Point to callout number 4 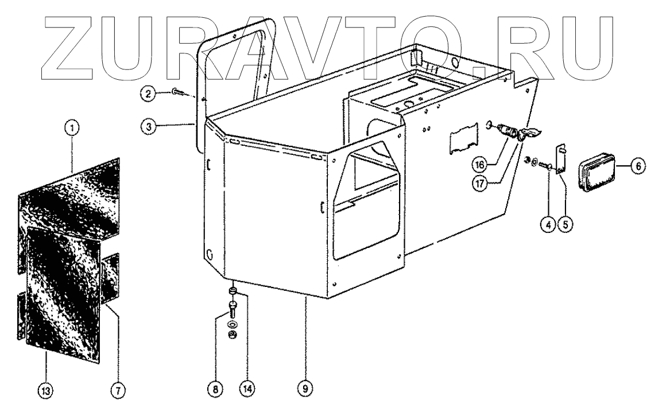(x=549, y=225)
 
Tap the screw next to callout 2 (x=175, y=92)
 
